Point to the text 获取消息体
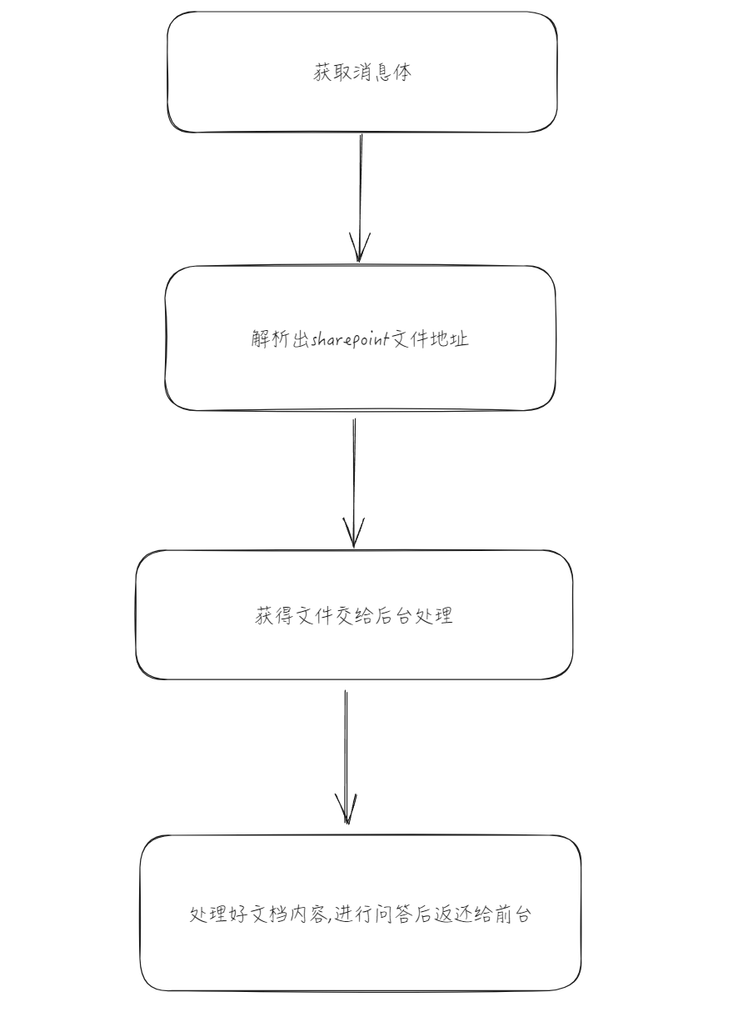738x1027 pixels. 362,73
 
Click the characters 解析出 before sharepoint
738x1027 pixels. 281,339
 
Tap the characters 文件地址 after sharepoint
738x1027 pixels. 429,339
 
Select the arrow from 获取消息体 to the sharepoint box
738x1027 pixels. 360,198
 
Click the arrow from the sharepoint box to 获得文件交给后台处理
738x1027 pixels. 354,483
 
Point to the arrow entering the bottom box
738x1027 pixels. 346,757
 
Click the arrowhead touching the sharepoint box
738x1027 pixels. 360,248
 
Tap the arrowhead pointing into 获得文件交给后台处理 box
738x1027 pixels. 354,534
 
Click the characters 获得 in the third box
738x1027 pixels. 274,615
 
